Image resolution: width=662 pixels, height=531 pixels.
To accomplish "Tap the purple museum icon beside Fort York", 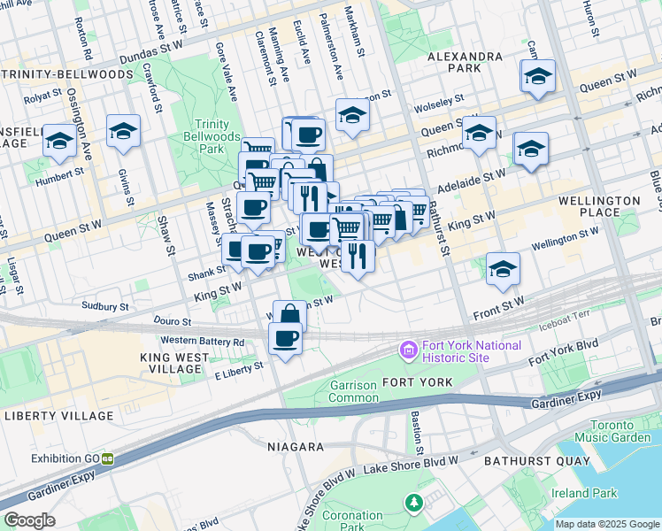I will [408, 351].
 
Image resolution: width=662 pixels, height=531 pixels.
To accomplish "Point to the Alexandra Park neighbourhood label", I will [465, 62].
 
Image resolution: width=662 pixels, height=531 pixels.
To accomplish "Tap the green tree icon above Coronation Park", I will [413, 504].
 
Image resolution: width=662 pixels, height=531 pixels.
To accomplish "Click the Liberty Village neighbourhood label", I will [58, 415].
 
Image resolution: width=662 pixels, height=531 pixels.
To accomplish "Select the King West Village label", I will [174, 363].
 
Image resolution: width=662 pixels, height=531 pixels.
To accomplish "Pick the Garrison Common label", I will [353, 391].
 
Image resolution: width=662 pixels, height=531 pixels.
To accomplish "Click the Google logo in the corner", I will [29, 520].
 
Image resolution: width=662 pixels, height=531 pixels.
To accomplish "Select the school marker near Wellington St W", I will [503, 270].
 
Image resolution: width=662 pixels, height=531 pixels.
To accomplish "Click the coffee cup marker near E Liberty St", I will [284, 339].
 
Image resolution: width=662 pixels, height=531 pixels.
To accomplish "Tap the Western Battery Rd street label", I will [202, 341].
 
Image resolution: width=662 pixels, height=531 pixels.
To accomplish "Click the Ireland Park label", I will [570, 493].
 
